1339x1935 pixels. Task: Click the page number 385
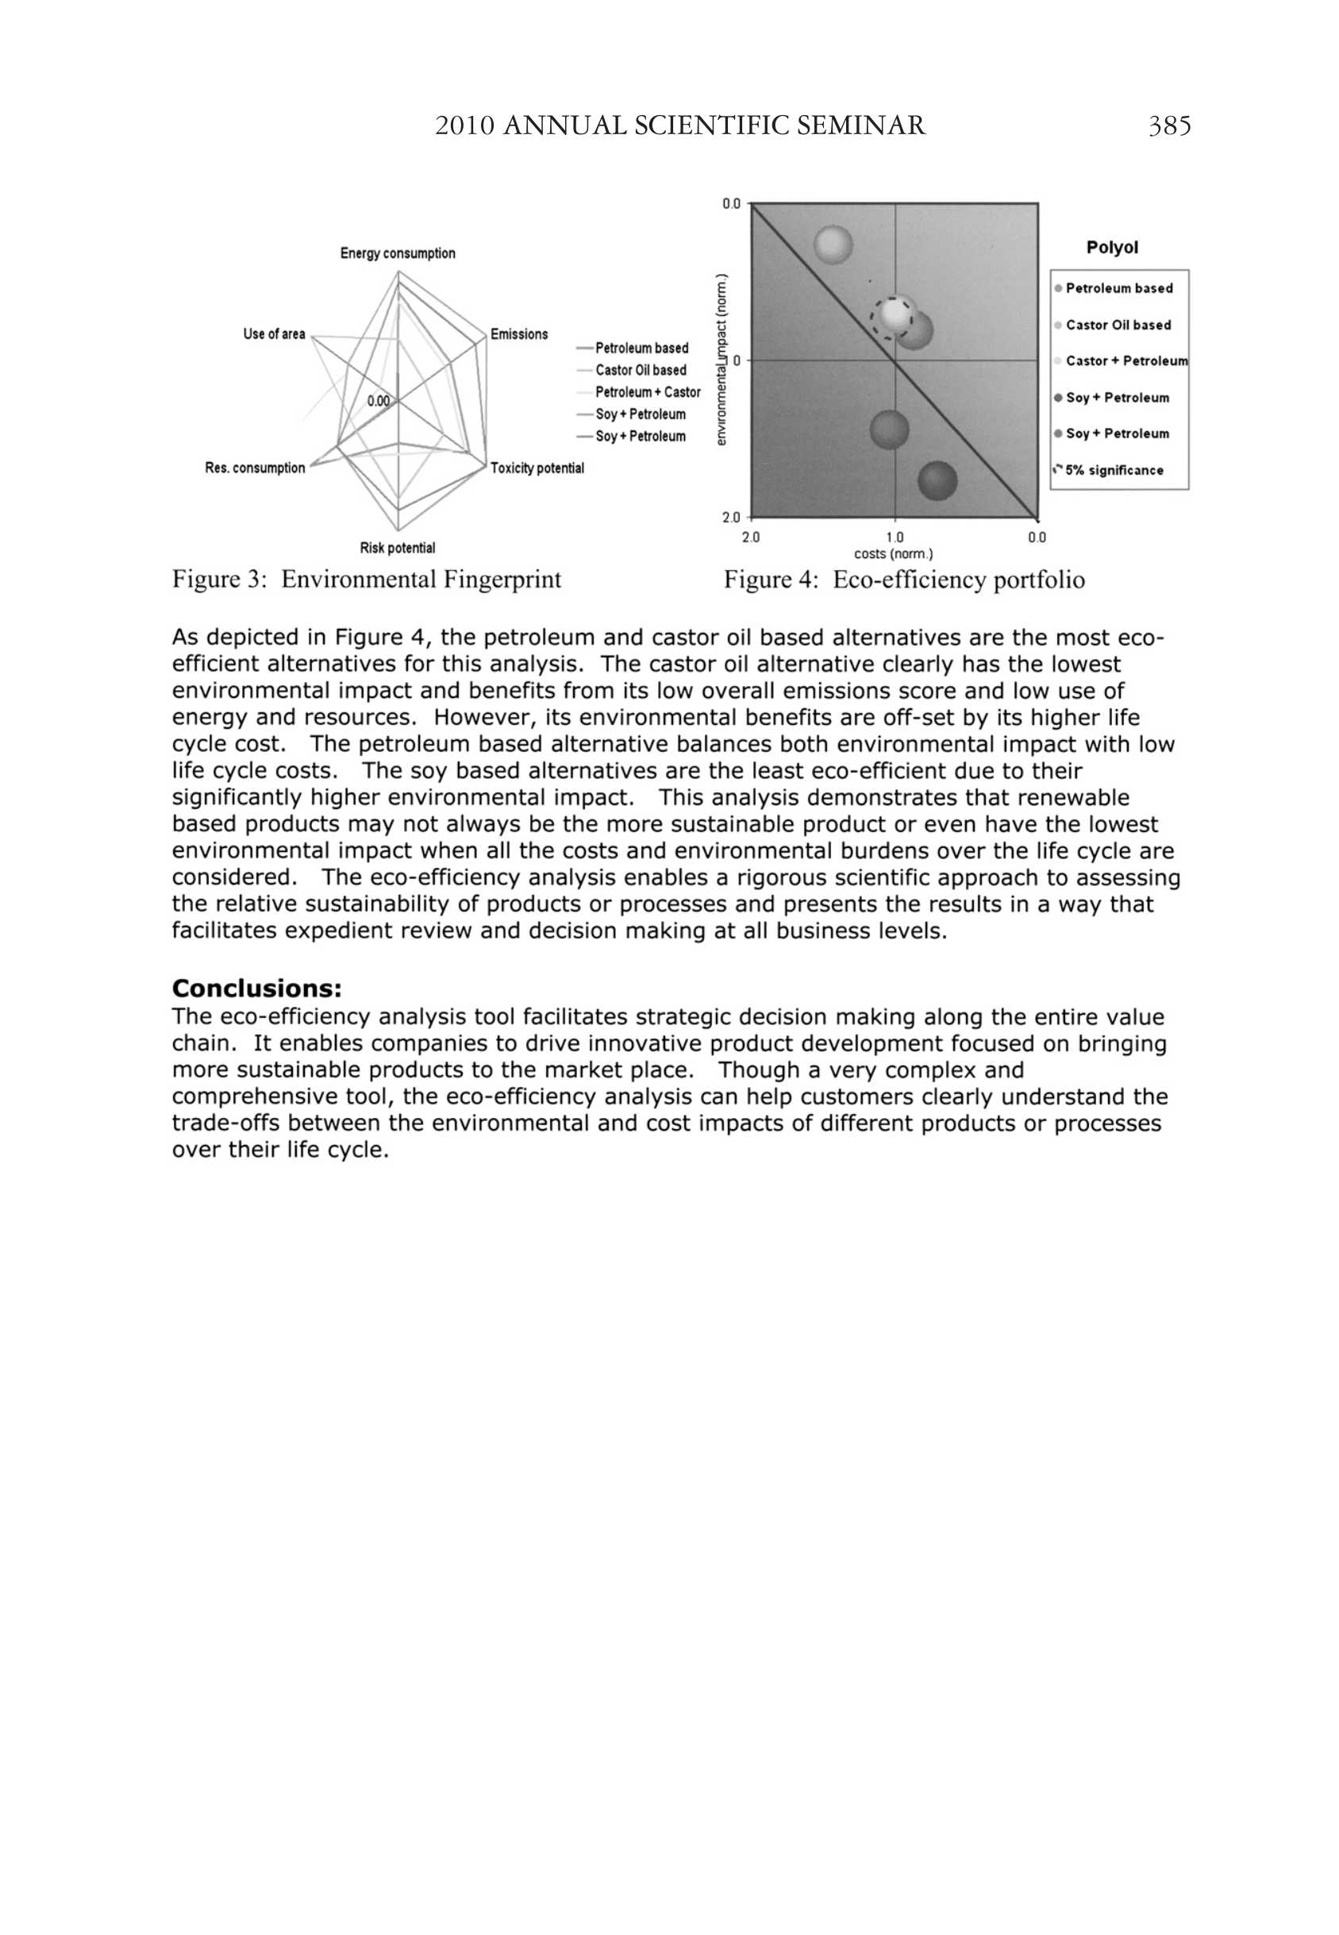coord(1168,126)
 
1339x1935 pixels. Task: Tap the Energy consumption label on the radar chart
coord(398,253)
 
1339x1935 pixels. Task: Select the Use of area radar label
coord(275,334)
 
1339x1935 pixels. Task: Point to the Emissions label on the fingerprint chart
coord(518,334)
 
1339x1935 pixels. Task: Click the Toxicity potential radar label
coord(537,468)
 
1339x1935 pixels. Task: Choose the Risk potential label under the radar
coord(398,548)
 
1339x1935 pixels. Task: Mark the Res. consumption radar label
coord(255,468)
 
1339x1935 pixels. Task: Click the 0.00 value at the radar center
coord(379,401)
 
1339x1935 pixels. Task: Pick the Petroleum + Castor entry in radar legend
coord(647,392)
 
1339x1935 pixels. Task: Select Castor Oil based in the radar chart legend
coord(641,370)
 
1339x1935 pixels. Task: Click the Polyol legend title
coord(1112,248)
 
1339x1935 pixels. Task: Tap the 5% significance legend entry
coord(1114,470)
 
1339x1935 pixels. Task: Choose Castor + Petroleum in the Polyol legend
coord(1126,360)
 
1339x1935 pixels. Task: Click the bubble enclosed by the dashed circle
coord(895,315)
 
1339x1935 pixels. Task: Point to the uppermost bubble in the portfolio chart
coord(834,245)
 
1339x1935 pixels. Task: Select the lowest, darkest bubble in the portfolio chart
coord(937,481)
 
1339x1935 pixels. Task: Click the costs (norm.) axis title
coord(894,553)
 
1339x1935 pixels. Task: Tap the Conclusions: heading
coord(256,988)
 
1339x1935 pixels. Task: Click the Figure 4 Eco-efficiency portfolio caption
coord(903,580)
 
